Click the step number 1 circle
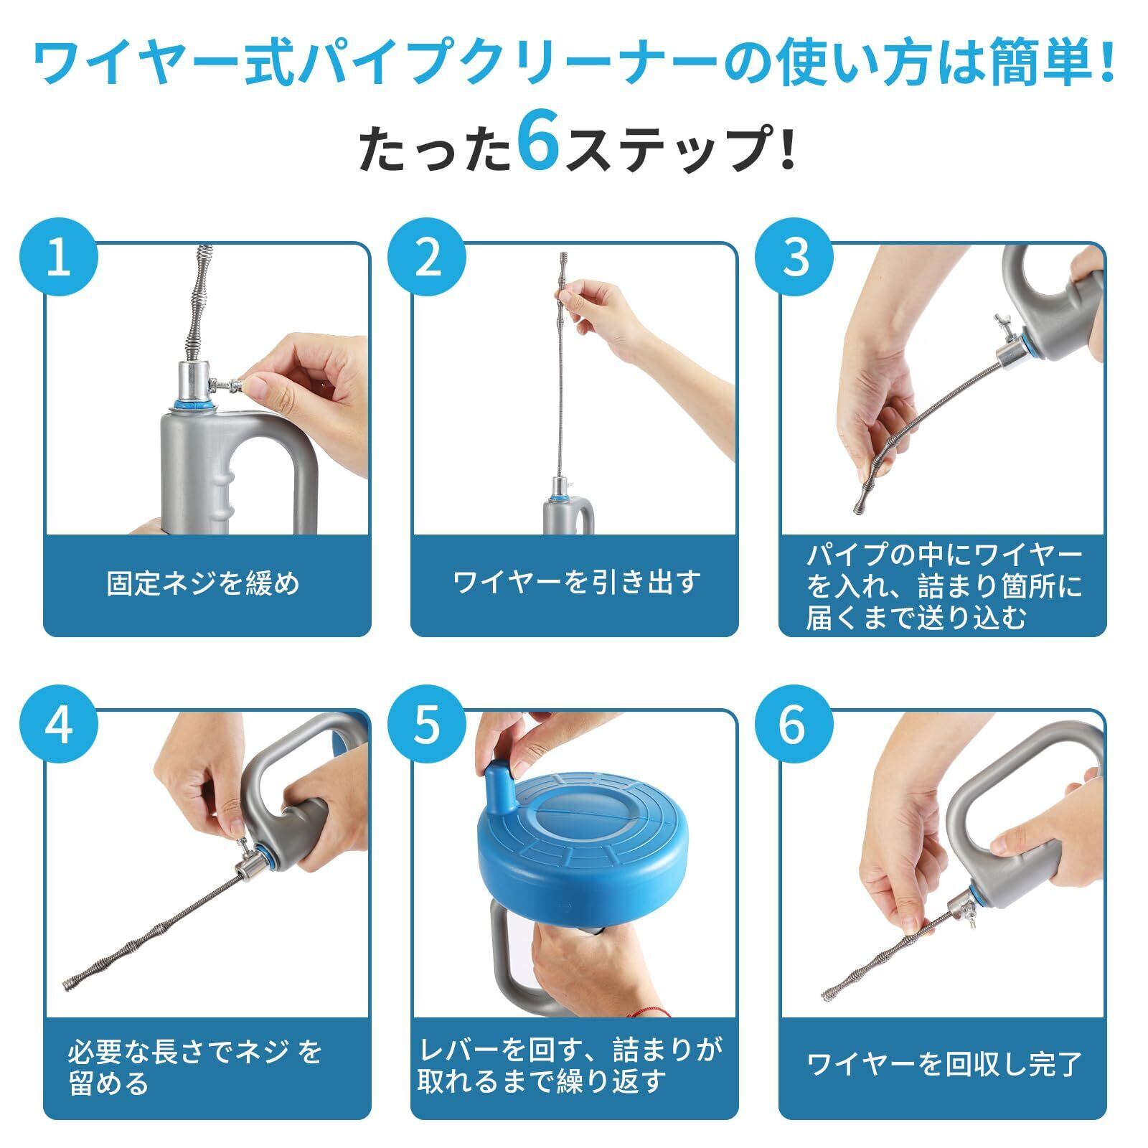[x=58, y=258]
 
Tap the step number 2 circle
[x=427, y=258]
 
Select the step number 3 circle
[x=795, y=258]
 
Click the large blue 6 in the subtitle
[x=539, y=146]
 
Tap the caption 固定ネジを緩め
[x=204, y=583]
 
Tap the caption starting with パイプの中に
[x=944, y=586]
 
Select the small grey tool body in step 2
[x=567, y=516]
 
